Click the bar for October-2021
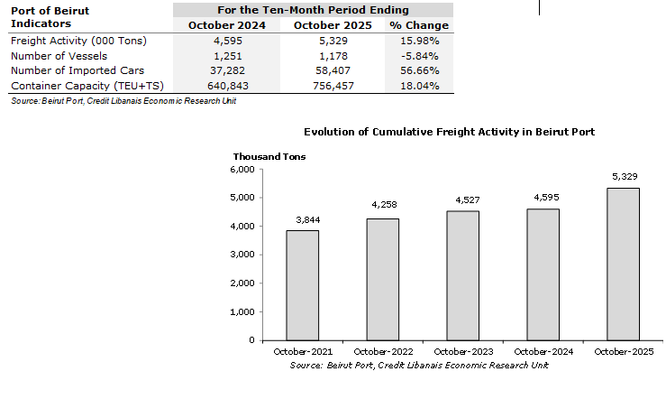(303, 285)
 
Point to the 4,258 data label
(382, 205)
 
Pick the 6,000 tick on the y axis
(244, 169)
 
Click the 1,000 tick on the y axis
(244, 311)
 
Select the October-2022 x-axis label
(382, 351)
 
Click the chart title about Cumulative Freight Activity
(450, 132)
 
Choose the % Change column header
(419, 25)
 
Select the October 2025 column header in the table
(332, 25)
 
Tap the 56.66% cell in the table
(420, 70)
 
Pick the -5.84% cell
(420, 55)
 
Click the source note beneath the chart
(418, 366)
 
